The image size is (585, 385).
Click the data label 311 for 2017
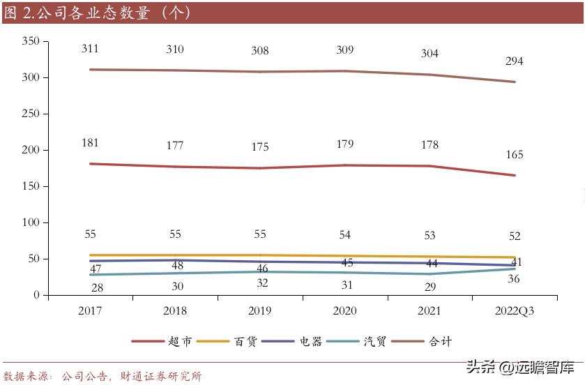pos(90,49)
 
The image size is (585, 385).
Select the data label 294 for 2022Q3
pos(515,61)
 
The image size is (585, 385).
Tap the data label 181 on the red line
pos(90,143)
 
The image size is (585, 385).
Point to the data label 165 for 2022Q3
pos(515,155)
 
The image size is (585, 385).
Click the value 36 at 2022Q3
pos(515,279)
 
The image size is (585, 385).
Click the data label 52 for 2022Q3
pos(515,236)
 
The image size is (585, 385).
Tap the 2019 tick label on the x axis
pos(260,311)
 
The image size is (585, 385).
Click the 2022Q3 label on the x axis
pos(515,311)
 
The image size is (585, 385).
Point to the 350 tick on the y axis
pos(30,41)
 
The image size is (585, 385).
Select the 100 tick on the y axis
pos(30,222)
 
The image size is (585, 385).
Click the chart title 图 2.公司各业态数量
pos(98,13)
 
